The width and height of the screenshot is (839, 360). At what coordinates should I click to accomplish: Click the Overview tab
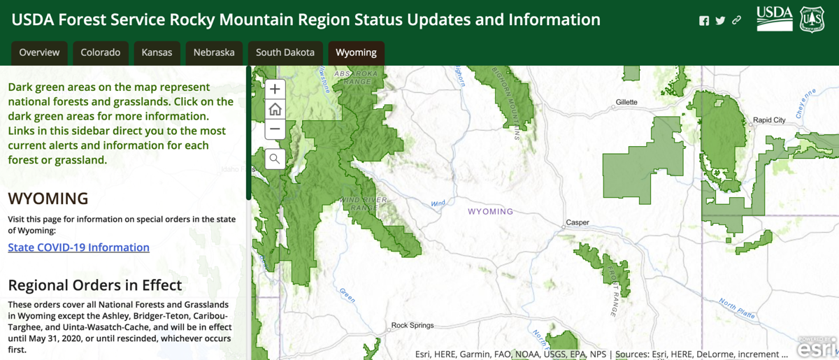[39, 52]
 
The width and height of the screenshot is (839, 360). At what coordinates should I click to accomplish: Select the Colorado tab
[100, 52]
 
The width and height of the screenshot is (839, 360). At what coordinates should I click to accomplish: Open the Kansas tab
[157, 52]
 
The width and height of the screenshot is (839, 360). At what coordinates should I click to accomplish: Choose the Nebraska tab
[214, 52]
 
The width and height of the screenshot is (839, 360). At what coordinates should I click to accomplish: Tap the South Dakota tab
[285, 52]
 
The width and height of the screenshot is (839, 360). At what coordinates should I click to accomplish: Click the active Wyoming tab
[356, 52]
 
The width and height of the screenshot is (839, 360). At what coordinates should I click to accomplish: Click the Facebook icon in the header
[704, 20]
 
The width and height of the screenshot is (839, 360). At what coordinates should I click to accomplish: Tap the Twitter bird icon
[720, 20]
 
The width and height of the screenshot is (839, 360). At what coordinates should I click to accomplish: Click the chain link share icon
[736, 20]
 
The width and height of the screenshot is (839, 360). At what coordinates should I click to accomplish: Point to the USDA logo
[775, 19]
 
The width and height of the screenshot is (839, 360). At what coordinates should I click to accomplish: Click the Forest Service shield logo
[812, 19]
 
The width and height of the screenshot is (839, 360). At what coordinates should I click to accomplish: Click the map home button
[275, 109]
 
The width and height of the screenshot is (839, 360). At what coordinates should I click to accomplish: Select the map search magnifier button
[275, 159]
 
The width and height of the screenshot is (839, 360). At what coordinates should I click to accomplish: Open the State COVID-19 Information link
[78, 247]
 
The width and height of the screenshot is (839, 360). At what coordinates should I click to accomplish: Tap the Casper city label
[578, 223]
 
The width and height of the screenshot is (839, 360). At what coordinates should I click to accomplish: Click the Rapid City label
[769, 120]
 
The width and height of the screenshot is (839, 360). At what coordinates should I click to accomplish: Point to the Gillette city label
[626, 102]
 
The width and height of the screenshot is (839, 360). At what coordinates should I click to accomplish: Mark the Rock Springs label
[412, 325]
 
